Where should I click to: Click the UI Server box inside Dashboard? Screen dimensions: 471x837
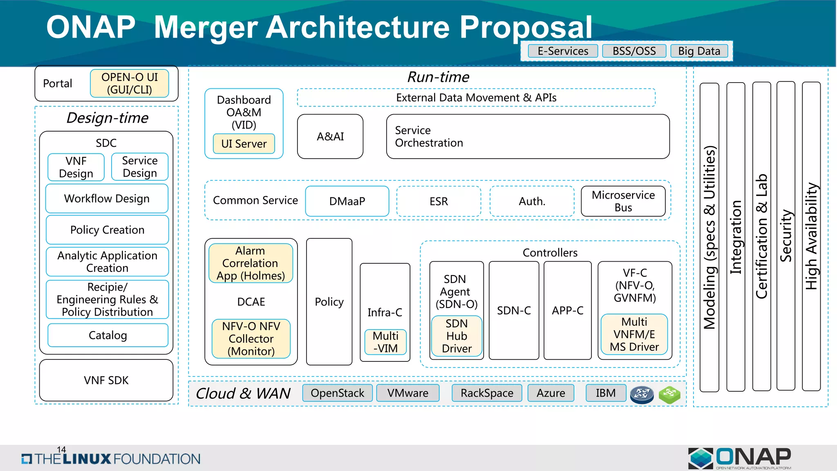pos(244,144)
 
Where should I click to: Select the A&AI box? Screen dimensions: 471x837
pos(330,137)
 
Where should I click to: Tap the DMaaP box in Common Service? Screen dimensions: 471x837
pos(347,201)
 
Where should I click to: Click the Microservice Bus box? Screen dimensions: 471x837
pos(623,201)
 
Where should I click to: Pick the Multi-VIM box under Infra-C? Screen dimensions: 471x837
pos(385,342)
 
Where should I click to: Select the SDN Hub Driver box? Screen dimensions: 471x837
pos(457,336)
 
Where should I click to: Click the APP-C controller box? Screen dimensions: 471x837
pos(567,311)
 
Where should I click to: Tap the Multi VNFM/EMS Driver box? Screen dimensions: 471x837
pos(634,334)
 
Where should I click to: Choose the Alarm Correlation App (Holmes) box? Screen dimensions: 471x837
pos(251,263)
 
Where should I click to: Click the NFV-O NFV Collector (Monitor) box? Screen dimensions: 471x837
pos(251,339)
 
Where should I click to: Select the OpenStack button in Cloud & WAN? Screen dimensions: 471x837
pos(337,393)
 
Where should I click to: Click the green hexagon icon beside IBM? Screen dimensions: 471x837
pos(669,394)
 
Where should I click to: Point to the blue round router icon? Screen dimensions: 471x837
pos(642,394)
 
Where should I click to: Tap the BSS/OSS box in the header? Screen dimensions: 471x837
pos(634,51)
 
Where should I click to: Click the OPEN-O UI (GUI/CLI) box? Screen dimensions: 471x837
pos(130,83)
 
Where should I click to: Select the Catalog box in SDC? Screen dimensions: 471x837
pos(108,335)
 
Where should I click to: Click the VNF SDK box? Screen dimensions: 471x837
pos(106,380)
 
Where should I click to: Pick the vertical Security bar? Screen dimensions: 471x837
pos(786,236)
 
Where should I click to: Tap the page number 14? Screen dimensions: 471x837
pos(61,450)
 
